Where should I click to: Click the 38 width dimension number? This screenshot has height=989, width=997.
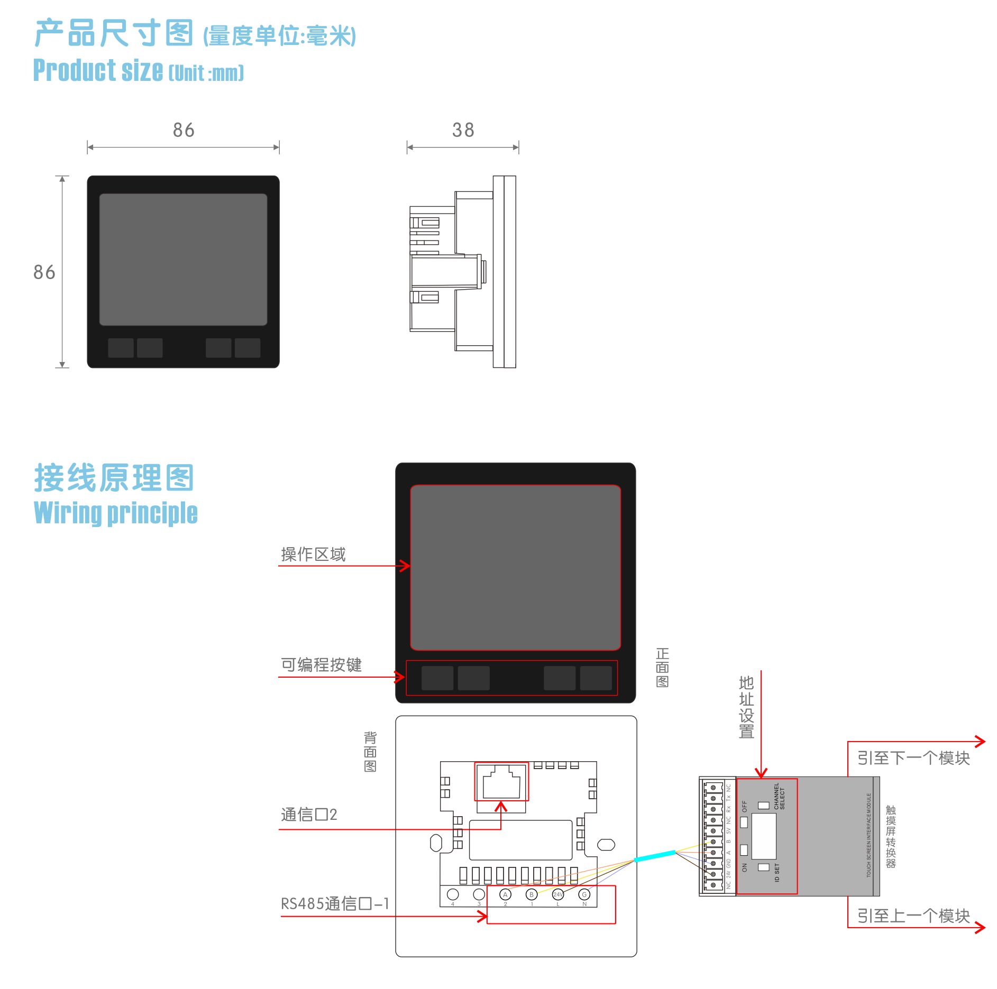click(x=463, y=130)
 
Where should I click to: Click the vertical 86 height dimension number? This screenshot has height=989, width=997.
click(x=44, y=272)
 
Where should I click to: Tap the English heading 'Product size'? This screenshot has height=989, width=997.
click(x=98, y=71)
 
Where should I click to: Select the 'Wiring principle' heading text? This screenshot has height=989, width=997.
click(x=115, y=513)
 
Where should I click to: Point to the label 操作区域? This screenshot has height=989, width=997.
click(x=313, y=554)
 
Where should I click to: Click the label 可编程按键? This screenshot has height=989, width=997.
click(x=321, y=665)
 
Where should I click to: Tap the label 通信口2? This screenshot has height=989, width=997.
click(x=309, y=815)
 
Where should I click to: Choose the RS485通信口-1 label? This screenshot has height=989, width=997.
click(x=335, y=904)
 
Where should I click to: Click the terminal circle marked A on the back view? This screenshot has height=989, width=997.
click(x=505, y=894)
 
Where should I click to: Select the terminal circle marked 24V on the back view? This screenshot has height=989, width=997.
click(x=558, y=894)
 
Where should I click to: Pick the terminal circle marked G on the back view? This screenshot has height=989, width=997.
click(x=584, y=894)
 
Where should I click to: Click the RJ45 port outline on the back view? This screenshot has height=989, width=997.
click(x=501, y=782)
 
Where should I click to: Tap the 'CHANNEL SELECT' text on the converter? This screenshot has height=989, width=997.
click(x=779, y=796)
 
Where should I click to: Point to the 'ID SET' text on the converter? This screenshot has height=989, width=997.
click(x=777, y=872)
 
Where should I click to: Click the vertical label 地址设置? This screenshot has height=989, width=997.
click(x=746, y=707)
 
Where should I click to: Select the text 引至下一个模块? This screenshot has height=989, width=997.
click(x=913, y=758)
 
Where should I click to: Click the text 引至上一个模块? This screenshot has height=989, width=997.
click(x=913, y=916)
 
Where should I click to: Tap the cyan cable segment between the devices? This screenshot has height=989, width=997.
click(x=655, y=856)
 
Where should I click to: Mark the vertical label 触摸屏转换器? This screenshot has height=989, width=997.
click(x=891, y=836)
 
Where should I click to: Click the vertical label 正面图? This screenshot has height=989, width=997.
click(x=662, y=668)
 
